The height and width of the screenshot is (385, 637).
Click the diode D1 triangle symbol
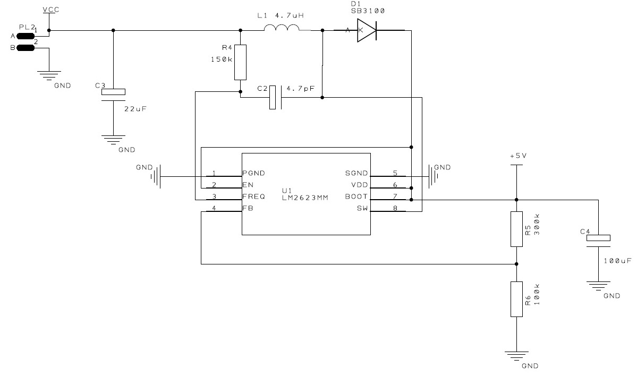click(366, 31)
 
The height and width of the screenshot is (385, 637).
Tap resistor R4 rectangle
click(241, 62)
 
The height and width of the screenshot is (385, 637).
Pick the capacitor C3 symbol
click(113, 92)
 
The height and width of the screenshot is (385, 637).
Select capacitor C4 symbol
click(599, 239)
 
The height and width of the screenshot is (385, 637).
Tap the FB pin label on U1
click(248, 209)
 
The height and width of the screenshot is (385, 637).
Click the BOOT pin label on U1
click(357, 196)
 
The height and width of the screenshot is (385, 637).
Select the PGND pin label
click(253, 173)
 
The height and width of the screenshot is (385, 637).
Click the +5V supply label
click(517, 157)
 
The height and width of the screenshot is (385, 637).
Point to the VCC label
click(50, 10)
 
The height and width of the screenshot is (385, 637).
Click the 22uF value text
click(134, 109)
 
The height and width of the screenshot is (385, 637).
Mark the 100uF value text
click(618, 261)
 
